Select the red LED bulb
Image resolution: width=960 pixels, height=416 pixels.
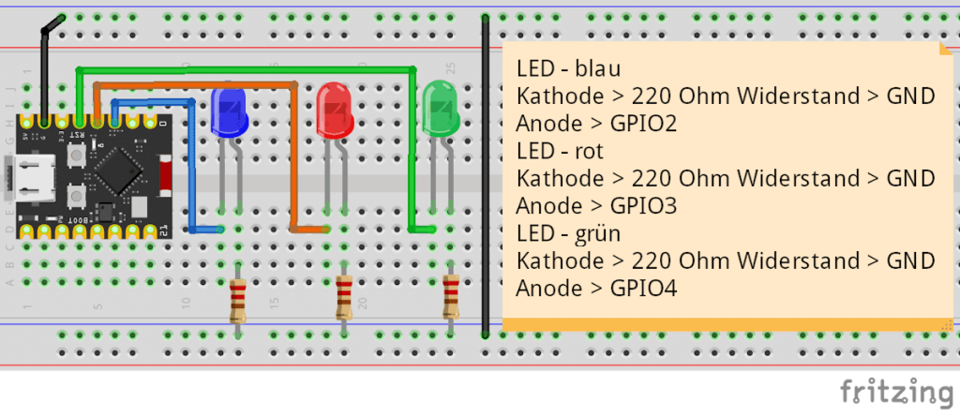[335, 111]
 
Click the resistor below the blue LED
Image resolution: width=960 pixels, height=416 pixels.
[238, 301]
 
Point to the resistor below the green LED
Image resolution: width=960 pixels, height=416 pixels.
[451, 298]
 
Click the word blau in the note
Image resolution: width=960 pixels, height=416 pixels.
[599, 68]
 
